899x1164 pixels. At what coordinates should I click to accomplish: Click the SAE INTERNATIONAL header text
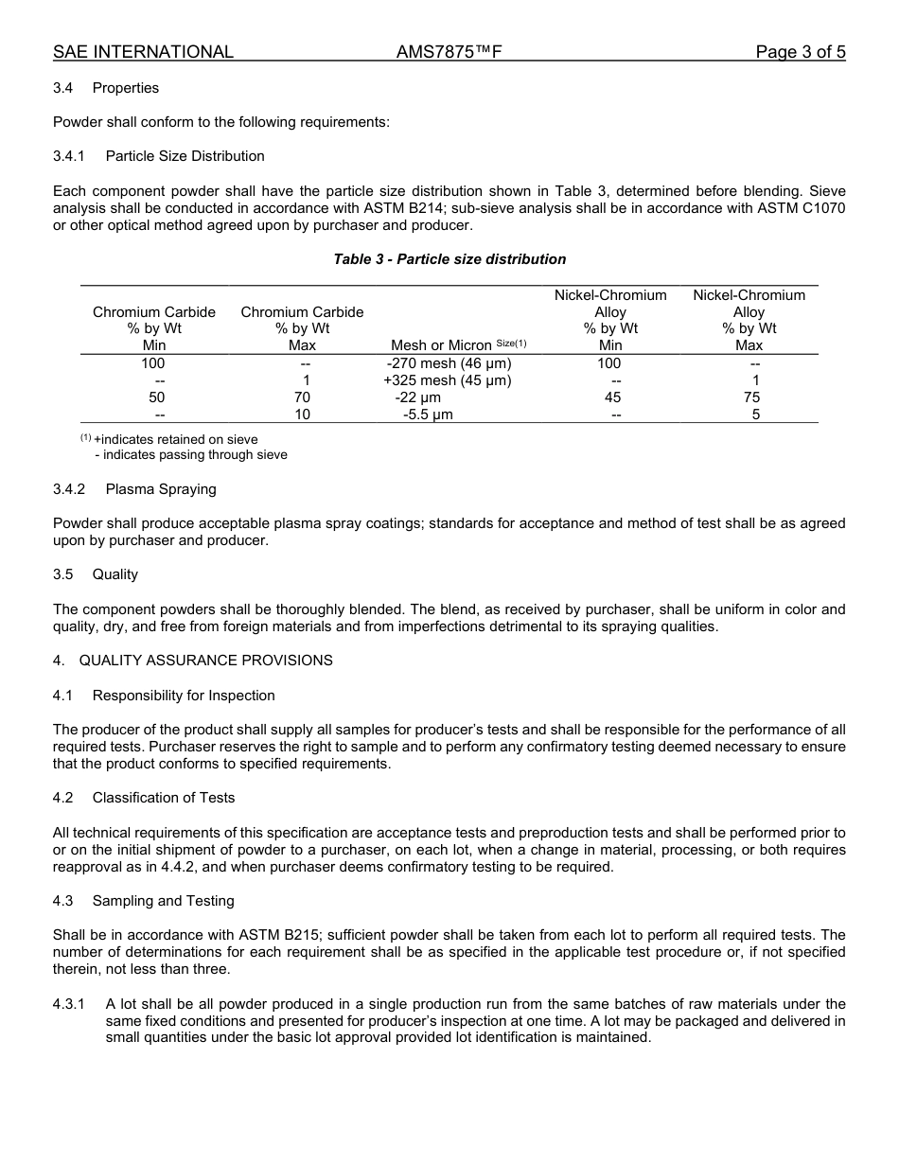click(143, 52)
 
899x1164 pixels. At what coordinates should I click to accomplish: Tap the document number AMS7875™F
click(449, 52)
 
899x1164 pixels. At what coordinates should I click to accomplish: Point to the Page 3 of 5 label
click(800, 52)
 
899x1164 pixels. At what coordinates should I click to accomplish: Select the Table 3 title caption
click(449, 259)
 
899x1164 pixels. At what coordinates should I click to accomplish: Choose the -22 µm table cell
click(417, 397)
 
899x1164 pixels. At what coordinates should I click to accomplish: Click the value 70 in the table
click(302, 397)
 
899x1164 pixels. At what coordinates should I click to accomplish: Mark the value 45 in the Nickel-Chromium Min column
click(611, 397)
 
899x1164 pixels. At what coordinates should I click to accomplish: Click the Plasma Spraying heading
click(161, 489)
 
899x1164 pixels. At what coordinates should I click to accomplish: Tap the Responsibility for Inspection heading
click(184, 696)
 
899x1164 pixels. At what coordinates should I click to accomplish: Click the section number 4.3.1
click(69, 1004)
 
